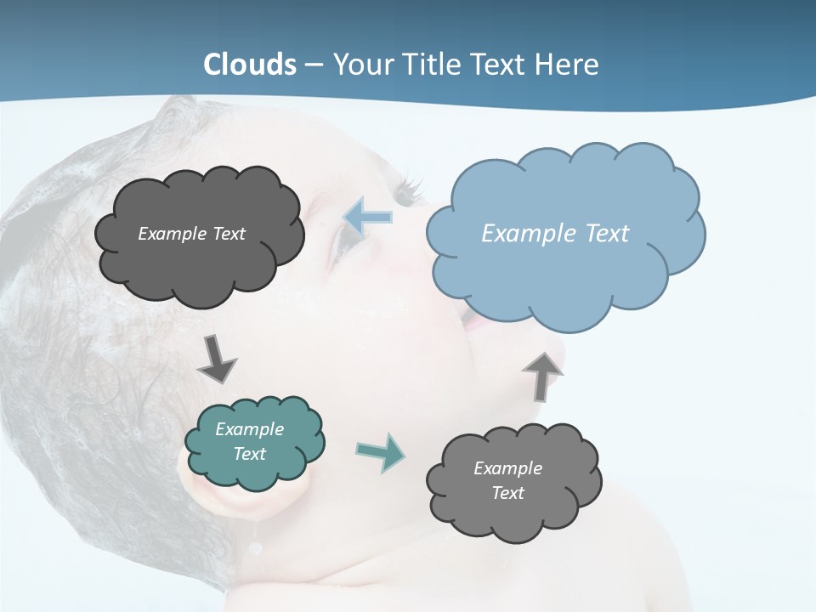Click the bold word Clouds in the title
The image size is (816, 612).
click(x=250, y=64)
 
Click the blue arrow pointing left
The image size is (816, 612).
click(x=368, y=217)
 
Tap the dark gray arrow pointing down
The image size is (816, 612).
click(x=217, y=359)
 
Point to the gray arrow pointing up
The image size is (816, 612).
click(x=542, y=376)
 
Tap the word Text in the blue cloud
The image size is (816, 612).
click(x=607, y=233)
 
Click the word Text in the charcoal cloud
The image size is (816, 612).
click(x=229, y=234)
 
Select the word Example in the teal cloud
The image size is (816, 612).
click(x=249, y=429)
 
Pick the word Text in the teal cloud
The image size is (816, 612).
click(x=249, y=454)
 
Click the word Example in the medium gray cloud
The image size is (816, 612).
click(x=507, y=468)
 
